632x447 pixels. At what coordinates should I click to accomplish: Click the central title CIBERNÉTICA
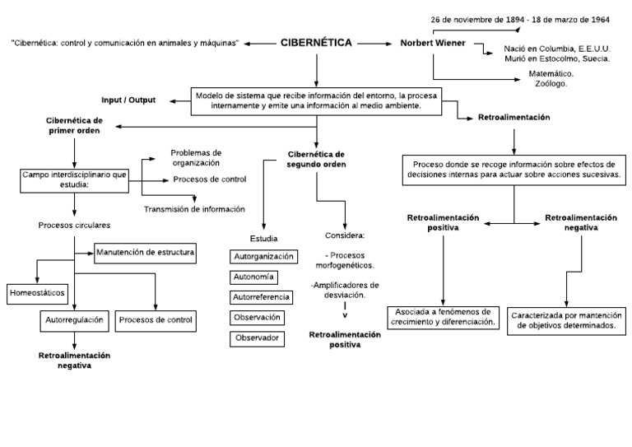(x=316, y=43)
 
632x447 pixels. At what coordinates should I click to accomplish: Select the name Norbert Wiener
(x=431, y=43)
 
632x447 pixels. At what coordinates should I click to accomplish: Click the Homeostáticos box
(x=35, y=292)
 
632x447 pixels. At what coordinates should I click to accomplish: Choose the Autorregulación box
(x=73, y=319)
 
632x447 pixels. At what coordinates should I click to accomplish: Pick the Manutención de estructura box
(x=146, y=252)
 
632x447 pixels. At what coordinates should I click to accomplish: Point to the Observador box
(x=257, y=338)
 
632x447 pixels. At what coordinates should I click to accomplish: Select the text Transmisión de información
(x=194, y=209)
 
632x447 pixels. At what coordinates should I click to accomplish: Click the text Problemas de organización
(x=196, y=157)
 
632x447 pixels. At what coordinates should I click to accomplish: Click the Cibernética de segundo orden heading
(x=316, y=159)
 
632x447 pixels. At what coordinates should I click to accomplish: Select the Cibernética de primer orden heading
(x=73, y=125)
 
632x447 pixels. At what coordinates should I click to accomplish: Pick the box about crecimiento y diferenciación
(x=444, y=317)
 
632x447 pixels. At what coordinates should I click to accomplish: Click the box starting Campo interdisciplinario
(x=73, y=179)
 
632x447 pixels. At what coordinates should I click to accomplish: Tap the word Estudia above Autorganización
(x=263, y=238)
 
